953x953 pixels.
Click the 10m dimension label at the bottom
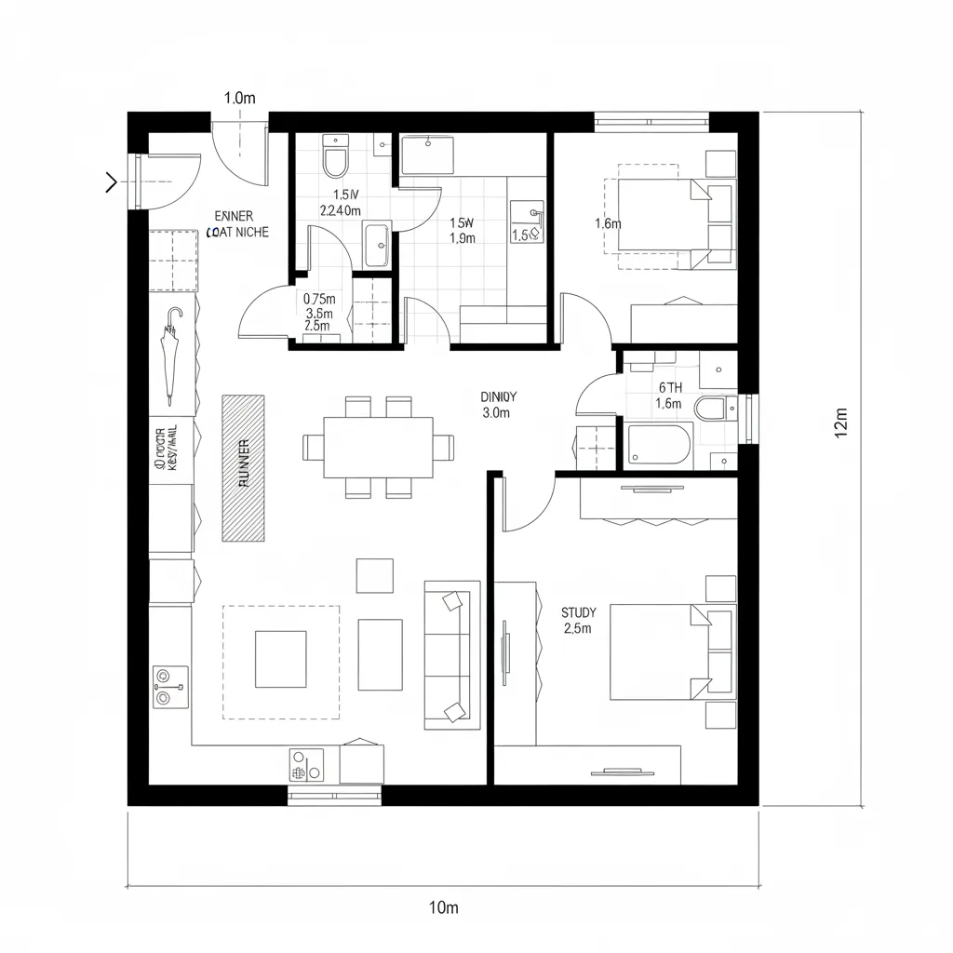click(x=444, y=906)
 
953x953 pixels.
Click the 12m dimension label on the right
click(x=841, y=423)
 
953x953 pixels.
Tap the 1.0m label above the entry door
click(x=240, y=98)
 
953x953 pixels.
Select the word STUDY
click(x=579, y=612)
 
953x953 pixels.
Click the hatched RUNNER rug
click(x=243, y=468)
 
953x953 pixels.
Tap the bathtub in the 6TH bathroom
click(x=659, y=444)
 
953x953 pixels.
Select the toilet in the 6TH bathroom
click(x=712, y=408)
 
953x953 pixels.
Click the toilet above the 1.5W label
click(x=334, y=157)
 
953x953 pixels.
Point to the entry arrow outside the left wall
click(x=111, y=182)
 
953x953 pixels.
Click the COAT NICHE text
click(x=238, y=232)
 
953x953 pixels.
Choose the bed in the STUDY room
click(x=662, y=651)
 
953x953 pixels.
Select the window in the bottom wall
click(x=335, y=794)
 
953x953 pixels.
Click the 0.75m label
click(x=319, y=299)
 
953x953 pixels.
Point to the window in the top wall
click(x=651, y=119)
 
